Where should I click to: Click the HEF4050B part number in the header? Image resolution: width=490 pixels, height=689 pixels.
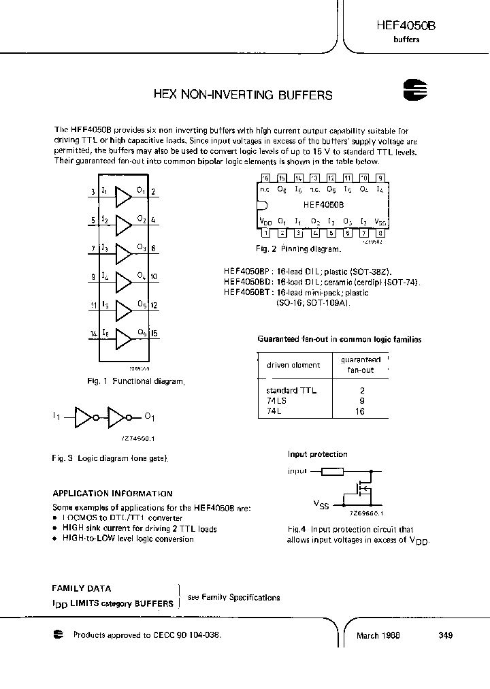(x=405, y=25)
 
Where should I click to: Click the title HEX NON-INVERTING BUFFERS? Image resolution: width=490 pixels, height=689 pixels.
(x=243, y=95)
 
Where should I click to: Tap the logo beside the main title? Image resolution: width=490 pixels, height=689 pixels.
(x=414, y=91)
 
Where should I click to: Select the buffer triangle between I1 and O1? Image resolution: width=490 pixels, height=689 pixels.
(x=124, y=197)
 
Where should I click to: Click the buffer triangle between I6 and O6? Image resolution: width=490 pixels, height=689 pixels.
(x=124, y=338)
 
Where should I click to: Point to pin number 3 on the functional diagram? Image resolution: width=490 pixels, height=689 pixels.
(x=92, y=193)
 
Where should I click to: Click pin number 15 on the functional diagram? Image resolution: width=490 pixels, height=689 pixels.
(x=154, y=334)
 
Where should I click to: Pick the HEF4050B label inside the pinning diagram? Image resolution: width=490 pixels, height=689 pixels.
(x=323, y=204)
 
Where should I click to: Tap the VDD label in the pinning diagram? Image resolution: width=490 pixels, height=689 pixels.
(x=265, y=221)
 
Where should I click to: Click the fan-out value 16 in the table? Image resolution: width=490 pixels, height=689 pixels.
(x=361, y=411)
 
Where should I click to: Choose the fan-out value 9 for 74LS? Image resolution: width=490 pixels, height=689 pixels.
(x=361, y=401)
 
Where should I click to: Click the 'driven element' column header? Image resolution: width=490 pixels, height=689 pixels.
(x=293, y=365)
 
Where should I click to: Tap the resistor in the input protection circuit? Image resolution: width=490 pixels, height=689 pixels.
(x=332, y=470)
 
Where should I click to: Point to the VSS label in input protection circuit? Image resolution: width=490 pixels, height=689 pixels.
(x=321, y=505)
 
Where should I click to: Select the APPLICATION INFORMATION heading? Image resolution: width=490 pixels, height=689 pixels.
(x=112, y=494)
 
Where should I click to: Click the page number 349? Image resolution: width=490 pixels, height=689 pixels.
(x=446, y=635)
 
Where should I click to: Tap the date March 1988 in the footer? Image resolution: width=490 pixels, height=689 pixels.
(x=378, y=635)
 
